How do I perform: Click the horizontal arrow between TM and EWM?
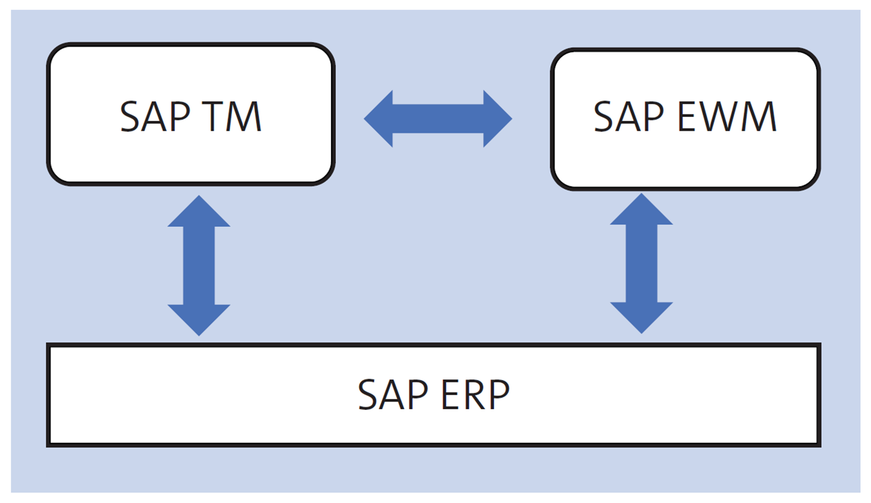[x=438, y=119]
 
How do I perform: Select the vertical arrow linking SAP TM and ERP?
[x=199, y=266]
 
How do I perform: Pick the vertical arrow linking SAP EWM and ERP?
[x=641, y=264]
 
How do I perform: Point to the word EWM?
[x=727, y=117]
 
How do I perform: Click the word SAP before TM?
[x=155, y=117]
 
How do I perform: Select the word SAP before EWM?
[x=628, y=117]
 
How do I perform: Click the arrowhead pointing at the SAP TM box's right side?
[x=380, y=119]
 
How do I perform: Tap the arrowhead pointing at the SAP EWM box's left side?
[x=497, y=119]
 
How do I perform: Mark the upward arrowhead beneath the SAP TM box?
[x=199, y=213]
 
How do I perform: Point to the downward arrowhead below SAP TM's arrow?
[x=199, y=319]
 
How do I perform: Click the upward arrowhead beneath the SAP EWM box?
[x=641, y=211]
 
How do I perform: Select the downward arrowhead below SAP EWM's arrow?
[x=641, y=317]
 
